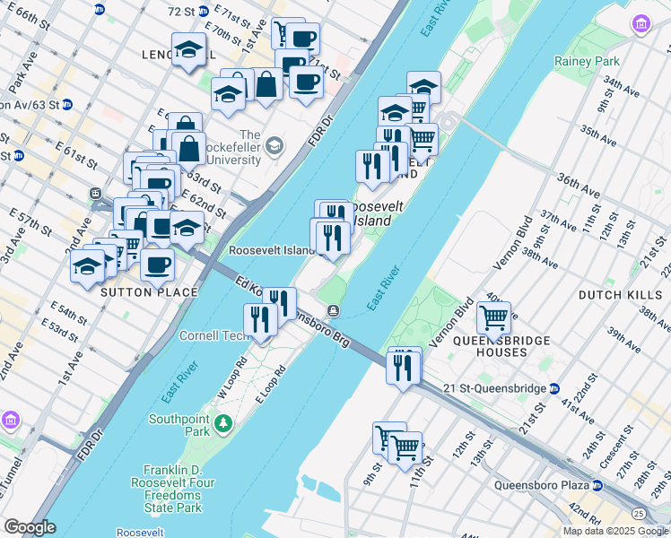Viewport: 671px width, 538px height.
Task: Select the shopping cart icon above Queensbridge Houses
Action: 493,317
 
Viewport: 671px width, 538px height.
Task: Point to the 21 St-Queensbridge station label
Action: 496,388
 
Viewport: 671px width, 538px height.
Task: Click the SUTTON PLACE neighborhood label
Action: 148,292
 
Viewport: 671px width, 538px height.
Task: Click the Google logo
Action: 30,527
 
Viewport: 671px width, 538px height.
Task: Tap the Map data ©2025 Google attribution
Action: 615,531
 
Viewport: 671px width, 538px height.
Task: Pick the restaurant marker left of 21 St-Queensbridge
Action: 403,367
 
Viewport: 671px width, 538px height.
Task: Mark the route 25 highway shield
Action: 638,513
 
